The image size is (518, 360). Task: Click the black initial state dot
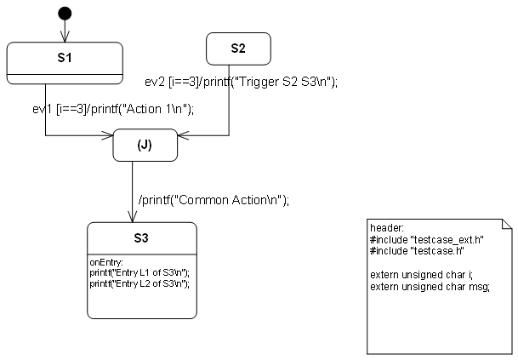point(65,14)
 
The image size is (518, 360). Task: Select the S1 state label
point(65,58)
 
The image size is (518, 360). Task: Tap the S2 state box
point(238,49)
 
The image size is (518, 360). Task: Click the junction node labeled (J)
point(145,145)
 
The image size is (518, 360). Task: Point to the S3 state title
point(141,237)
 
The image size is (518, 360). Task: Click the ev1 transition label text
point(114,108)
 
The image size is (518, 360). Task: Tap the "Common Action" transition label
point(213,201)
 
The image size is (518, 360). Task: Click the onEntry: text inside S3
point(107,262)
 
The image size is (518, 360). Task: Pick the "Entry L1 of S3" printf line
point(139,271)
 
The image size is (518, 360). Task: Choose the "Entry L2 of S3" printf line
point(139,282)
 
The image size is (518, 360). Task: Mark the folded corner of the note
point(508,225)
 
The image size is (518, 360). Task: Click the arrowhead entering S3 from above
point(133,218)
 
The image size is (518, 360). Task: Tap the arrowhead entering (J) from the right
point(182,134)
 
